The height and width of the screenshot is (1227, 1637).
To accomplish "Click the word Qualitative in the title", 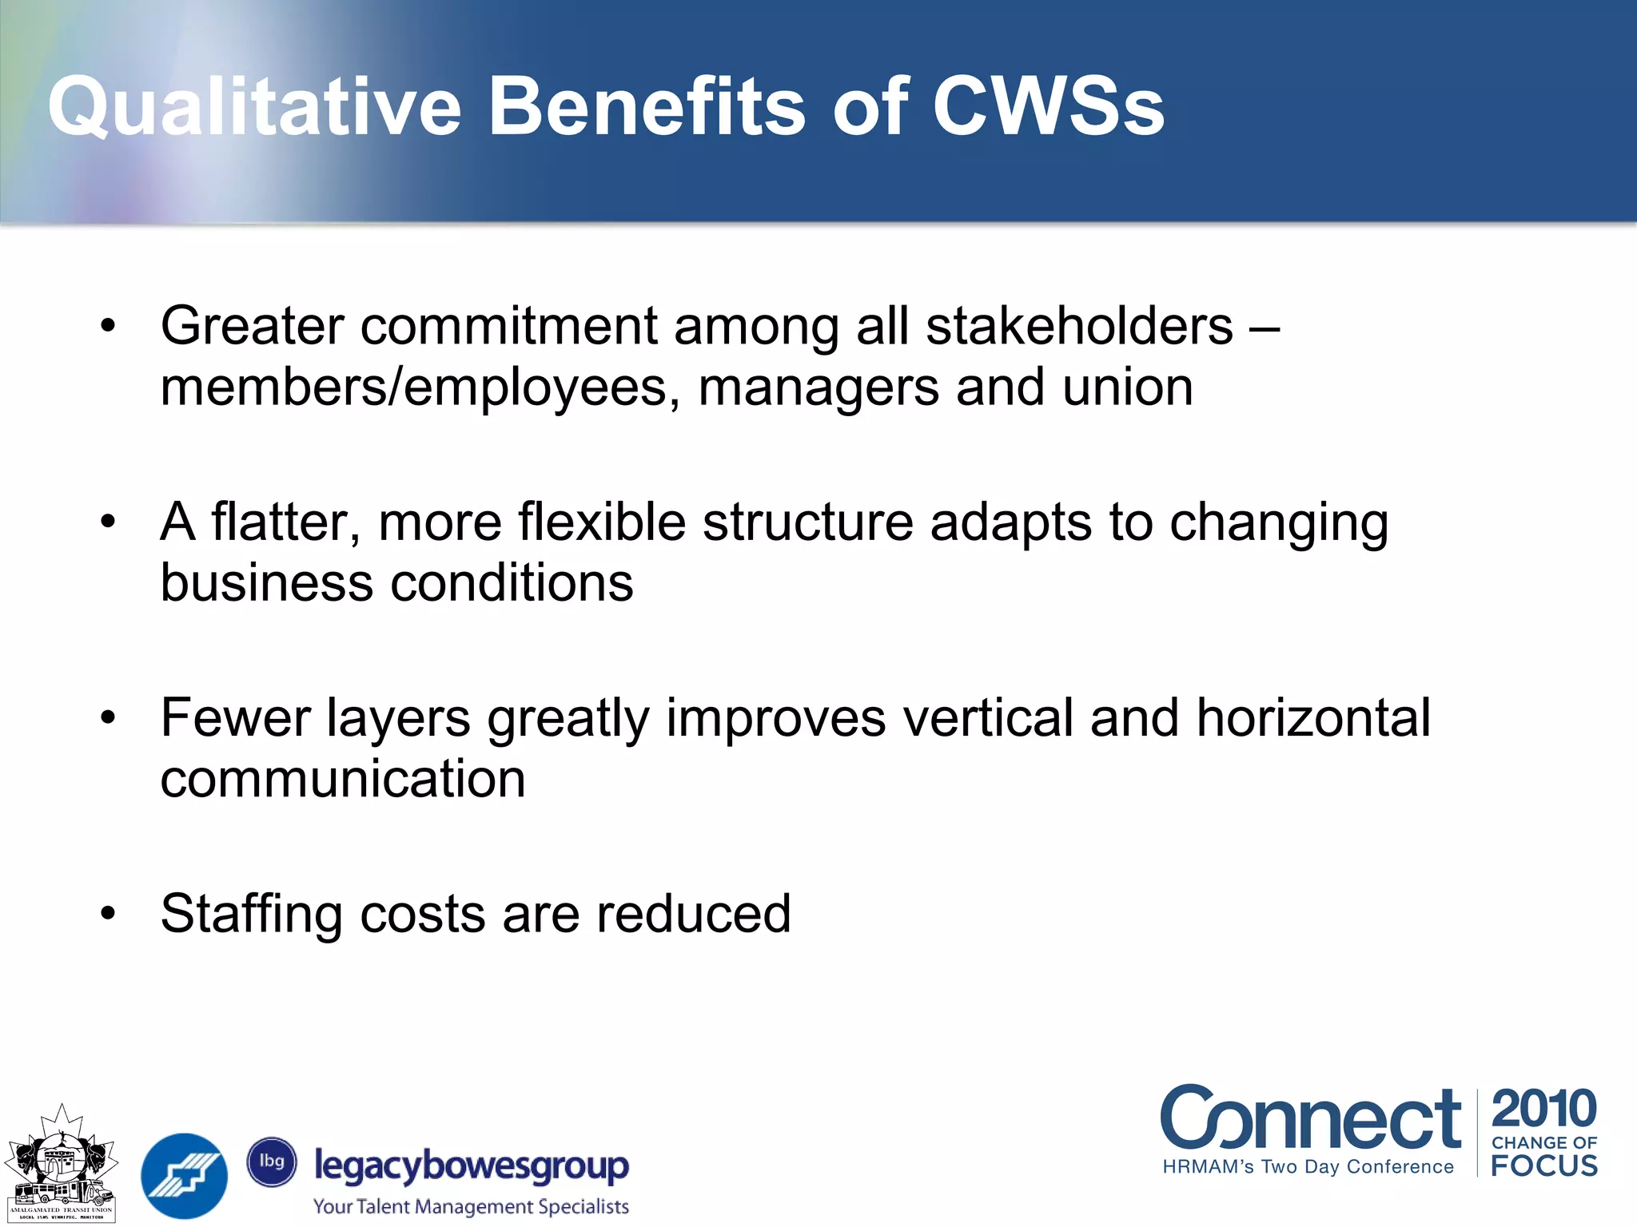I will tap(254, 106).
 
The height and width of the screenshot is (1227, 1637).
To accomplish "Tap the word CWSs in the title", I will tap(1048, 106).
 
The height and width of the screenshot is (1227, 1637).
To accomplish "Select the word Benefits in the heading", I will tap(647, 106).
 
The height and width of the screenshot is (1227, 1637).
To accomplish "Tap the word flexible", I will tap(601, 522).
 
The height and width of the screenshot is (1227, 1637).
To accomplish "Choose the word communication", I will tap(343, 779).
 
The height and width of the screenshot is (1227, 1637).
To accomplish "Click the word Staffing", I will tap(251, 914).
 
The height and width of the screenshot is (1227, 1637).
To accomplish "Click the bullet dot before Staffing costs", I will tap(108, 912).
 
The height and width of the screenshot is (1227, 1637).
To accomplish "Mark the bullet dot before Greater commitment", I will tap(108, 325).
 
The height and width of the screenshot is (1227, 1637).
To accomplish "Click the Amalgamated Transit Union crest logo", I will tap(61, 1163).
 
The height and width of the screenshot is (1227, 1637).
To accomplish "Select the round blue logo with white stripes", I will tap(184, 1175).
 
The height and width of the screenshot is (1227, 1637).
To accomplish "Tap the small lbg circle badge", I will tap(272, 1161).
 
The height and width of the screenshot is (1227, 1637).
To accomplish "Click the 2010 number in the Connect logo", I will tap(1543, 1109).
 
